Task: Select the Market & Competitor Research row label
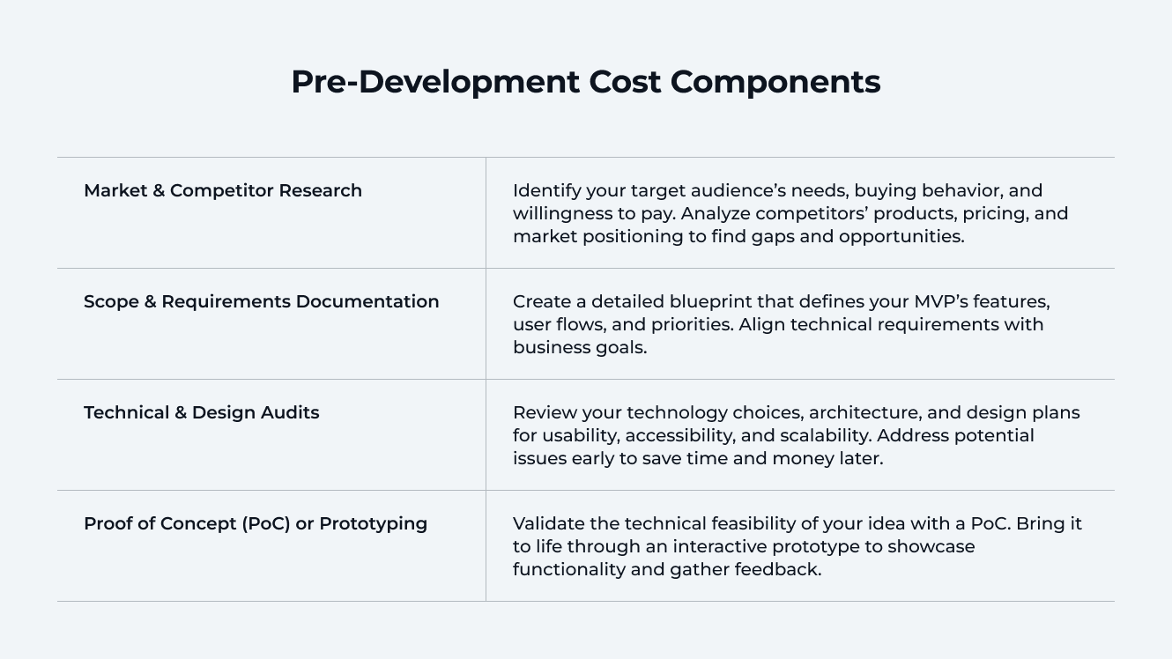(x=223, y=190)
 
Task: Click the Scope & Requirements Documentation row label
(x=261, y=301)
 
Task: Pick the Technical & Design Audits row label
(x=201, y=412)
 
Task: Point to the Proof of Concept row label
(x=256, y=523)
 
